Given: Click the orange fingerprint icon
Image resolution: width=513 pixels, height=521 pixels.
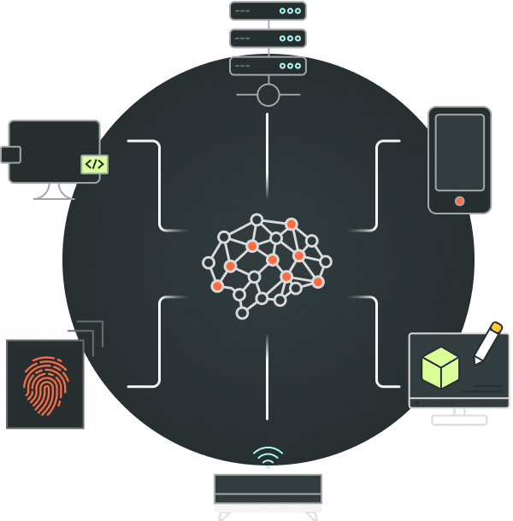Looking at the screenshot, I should coord(45,385).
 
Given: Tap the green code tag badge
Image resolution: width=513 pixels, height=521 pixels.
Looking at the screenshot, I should coord(94,164).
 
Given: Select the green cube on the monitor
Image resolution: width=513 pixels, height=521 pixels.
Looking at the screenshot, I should coord(440,367).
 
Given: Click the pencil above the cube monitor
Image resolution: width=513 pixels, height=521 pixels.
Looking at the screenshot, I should coord(487,342).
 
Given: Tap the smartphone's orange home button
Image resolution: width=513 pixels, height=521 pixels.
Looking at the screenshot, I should coord(460,202).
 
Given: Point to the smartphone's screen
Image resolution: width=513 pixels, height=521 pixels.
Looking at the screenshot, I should coord(460,152).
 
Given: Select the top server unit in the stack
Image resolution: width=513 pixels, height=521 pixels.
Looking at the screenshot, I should coord(268,11).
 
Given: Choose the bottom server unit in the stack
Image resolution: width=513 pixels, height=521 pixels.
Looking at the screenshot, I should coord(268,66).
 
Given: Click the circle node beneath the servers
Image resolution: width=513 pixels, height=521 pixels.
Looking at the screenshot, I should coord(268,95).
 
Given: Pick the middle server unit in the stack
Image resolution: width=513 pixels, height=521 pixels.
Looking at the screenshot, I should coord(268,38).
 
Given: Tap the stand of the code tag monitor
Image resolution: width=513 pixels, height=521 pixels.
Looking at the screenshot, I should coord(53,191).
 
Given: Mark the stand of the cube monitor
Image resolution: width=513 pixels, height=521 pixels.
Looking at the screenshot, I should coord(459,416).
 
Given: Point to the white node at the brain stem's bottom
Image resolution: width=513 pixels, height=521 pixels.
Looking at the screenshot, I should coord(242,313).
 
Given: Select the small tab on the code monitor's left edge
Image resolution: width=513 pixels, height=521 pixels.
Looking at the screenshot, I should coord(10,155).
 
